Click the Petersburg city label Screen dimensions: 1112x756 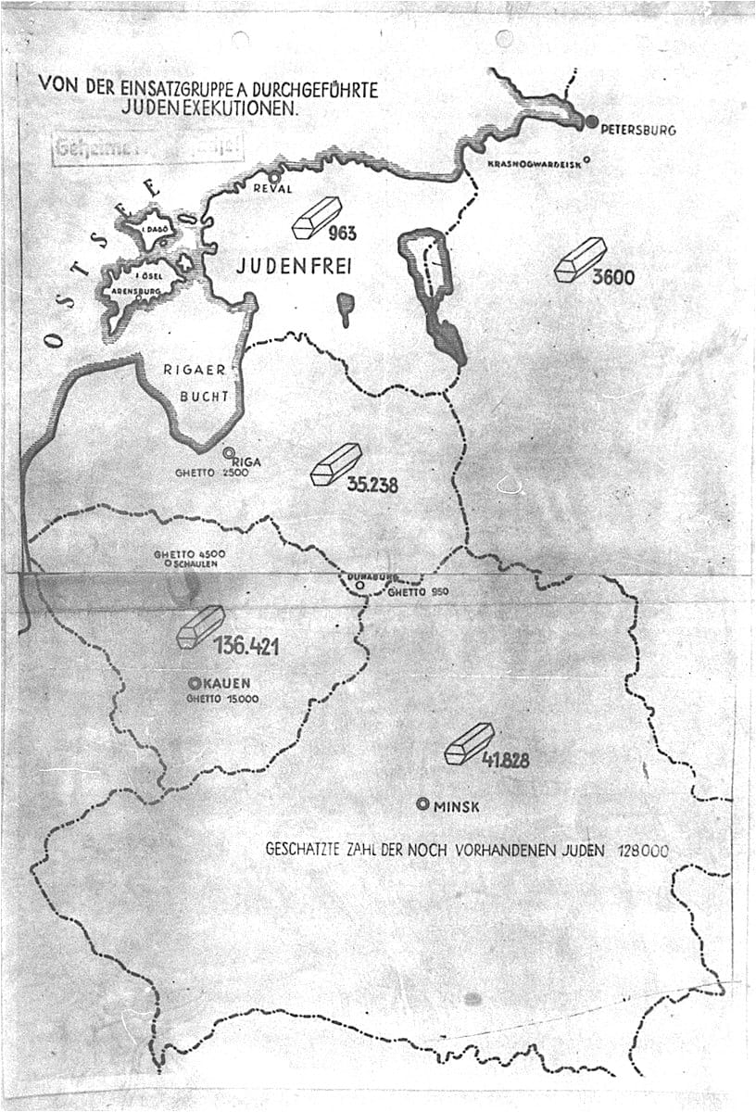point(638,130)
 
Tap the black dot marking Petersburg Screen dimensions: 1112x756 point(592,121)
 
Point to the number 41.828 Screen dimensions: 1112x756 point(505,761)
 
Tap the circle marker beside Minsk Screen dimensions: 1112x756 point(423,804)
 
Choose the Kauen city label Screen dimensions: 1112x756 point(228,684)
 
